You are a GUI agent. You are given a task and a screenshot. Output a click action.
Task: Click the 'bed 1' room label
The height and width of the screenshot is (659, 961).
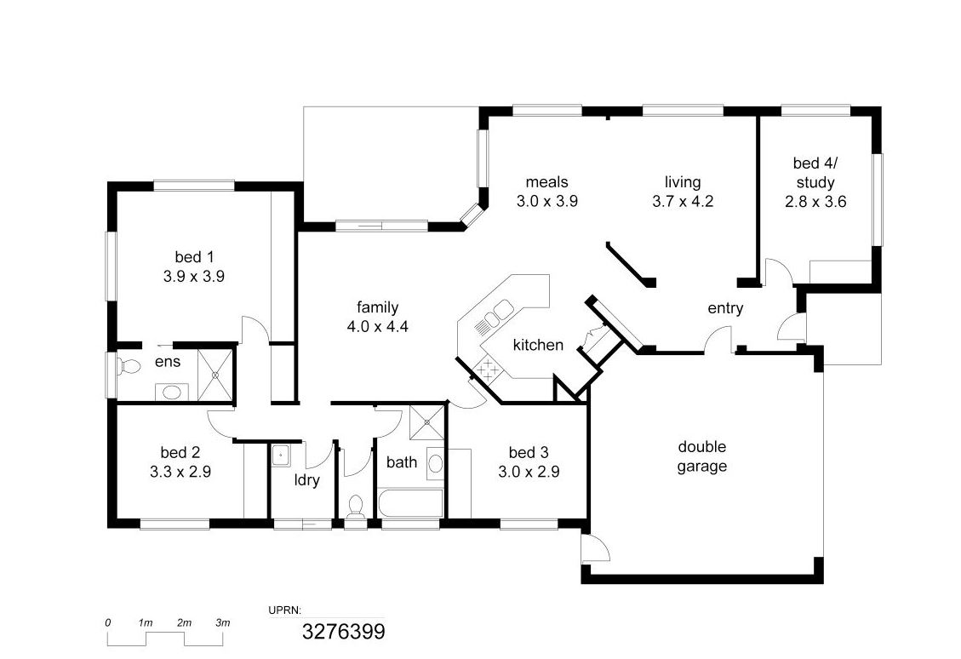pos(194,257)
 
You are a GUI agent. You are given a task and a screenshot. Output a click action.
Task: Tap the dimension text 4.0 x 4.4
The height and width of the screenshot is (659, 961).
pos(378,327)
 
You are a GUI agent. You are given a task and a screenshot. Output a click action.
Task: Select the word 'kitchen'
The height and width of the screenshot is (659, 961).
pos(538,345)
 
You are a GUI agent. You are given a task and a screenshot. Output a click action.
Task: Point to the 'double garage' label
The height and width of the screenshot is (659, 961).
pos(702,456)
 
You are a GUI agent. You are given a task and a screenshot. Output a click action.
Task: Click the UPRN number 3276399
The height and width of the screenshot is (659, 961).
pos(344,632)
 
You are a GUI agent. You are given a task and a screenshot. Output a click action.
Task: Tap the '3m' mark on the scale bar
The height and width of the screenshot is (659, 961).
pos(223,623)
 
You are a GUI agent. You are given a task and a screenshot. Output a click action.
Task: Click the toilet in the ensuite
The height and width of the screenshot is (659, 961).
pos(128,367)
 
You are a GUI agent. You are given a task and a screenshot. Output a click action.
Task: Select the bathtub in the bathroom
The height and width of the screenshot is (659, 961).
pos(410,503)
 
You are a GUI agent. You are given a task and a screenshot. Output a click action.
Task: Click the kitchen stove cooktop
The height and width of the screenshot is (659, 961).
pos(489,369)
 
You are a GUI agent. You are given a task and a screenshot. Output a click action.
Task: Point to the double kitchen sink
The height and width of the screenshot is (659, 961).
pos(494,317)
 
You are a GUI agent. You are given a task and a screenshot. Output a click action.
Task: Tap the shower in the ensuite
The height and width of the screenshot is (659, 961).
pos(215,375)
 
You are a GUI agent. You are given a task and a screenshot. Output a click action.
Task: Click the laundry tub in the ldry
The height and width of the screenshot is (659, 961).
pos(281,456)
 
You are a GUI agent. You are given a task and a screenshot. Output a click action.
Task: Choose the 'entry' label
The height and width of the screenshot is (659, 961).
pos(726,308)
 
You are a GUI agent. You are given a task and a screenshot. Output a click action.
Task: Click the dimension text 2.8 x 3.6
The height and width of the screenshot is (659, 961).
pos(815,202)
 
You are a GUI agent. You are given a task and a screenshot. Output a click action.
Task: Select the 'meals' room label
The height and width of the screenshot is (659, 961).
pos(547,182)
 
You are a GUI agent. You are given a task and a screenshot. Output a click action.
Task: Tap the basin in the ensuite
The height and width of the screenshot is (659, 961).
pos(172,392)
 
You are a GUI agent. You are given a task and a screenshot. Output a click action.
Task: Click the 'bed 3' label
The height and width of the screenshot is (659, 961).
pos(529,452)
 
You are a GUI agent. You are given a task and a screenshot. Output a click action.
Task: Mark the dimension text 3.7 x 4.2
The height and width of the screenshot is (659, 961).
pos(684,202)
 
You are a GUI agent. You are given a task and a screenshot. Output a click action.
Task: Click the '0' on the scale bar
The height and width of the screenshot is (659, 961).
pos(108,623)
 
